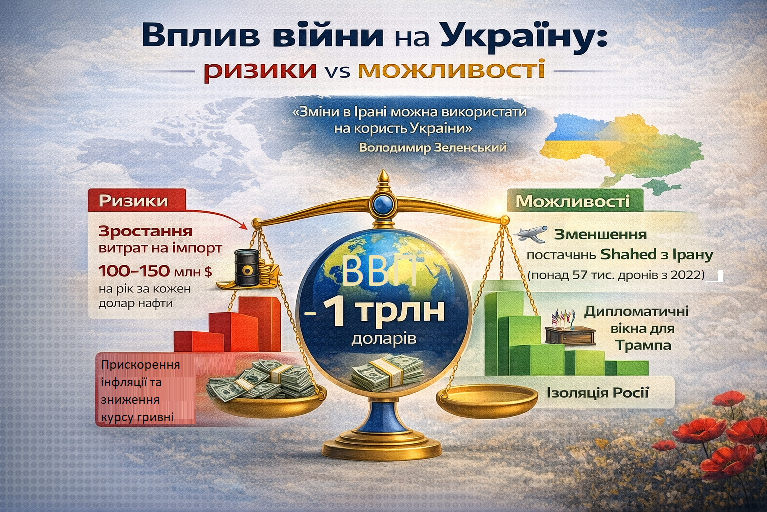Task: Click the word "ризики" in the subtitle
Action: [260, 70]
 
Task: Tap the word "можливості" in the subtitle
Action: [451, 70]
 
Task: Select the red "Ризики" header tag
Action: [133, 201]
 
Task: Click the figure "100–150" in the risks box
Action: [134, 271]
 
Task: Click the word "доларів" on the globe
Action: [383, 339]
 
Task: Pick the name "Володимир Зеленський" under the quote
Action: [432, 148]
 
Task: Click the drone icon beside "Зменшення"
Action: [530, 234]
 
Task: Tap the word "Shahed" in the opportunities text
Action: [628, 255]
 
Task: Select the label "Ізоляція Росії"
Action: [597, 392]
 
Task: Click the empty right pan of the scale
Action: [486, 397]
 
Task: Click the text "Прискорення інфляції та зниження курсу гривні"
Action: [140, 391]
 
